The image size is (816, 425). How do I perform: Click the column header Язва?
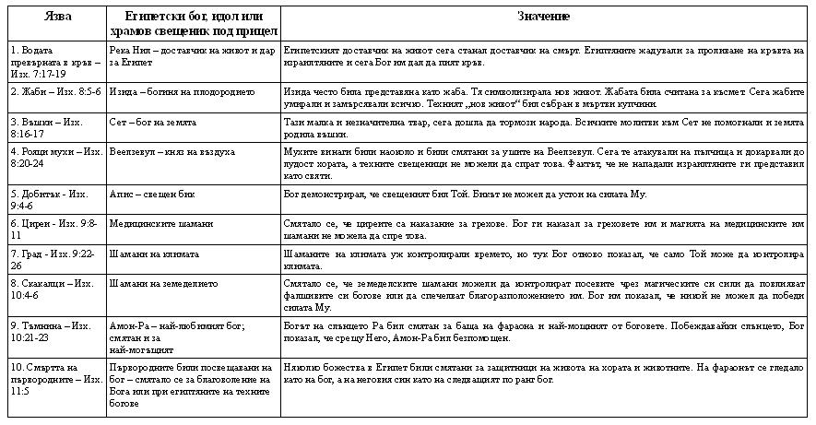click(x=54, y=18)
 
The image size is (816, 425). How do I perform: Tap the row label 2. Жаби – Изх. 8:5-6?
click(x=52, y=91)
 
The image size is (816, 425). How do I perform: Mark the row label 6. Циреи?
click(x=50, y=229)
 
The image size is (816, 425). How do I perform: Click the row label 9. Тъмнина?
click(x=50, y=331)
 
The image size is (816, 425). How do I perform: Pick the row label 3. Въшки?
click(x=46, y=127)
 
